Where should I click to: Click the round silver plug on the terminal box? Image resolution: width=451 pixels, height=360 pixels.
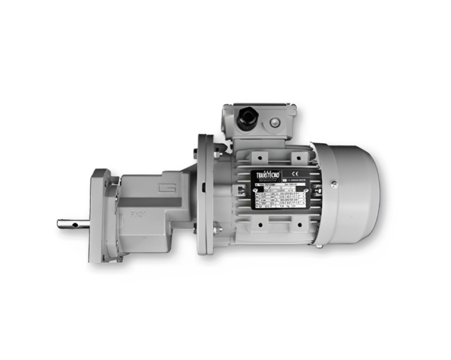276,123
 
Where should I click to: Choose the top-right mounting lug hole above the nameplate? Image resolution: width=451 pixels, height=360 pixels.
293,155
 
